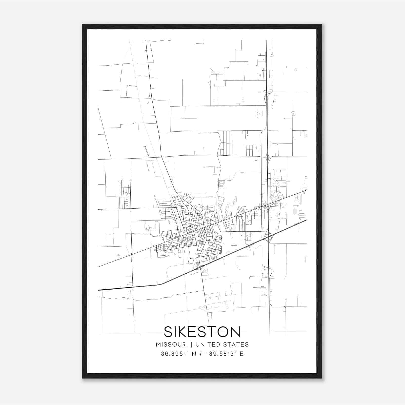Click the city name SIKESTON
202,332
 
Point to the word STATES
236,345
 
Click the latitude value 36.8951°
175,354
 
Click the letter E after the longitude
241,354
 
